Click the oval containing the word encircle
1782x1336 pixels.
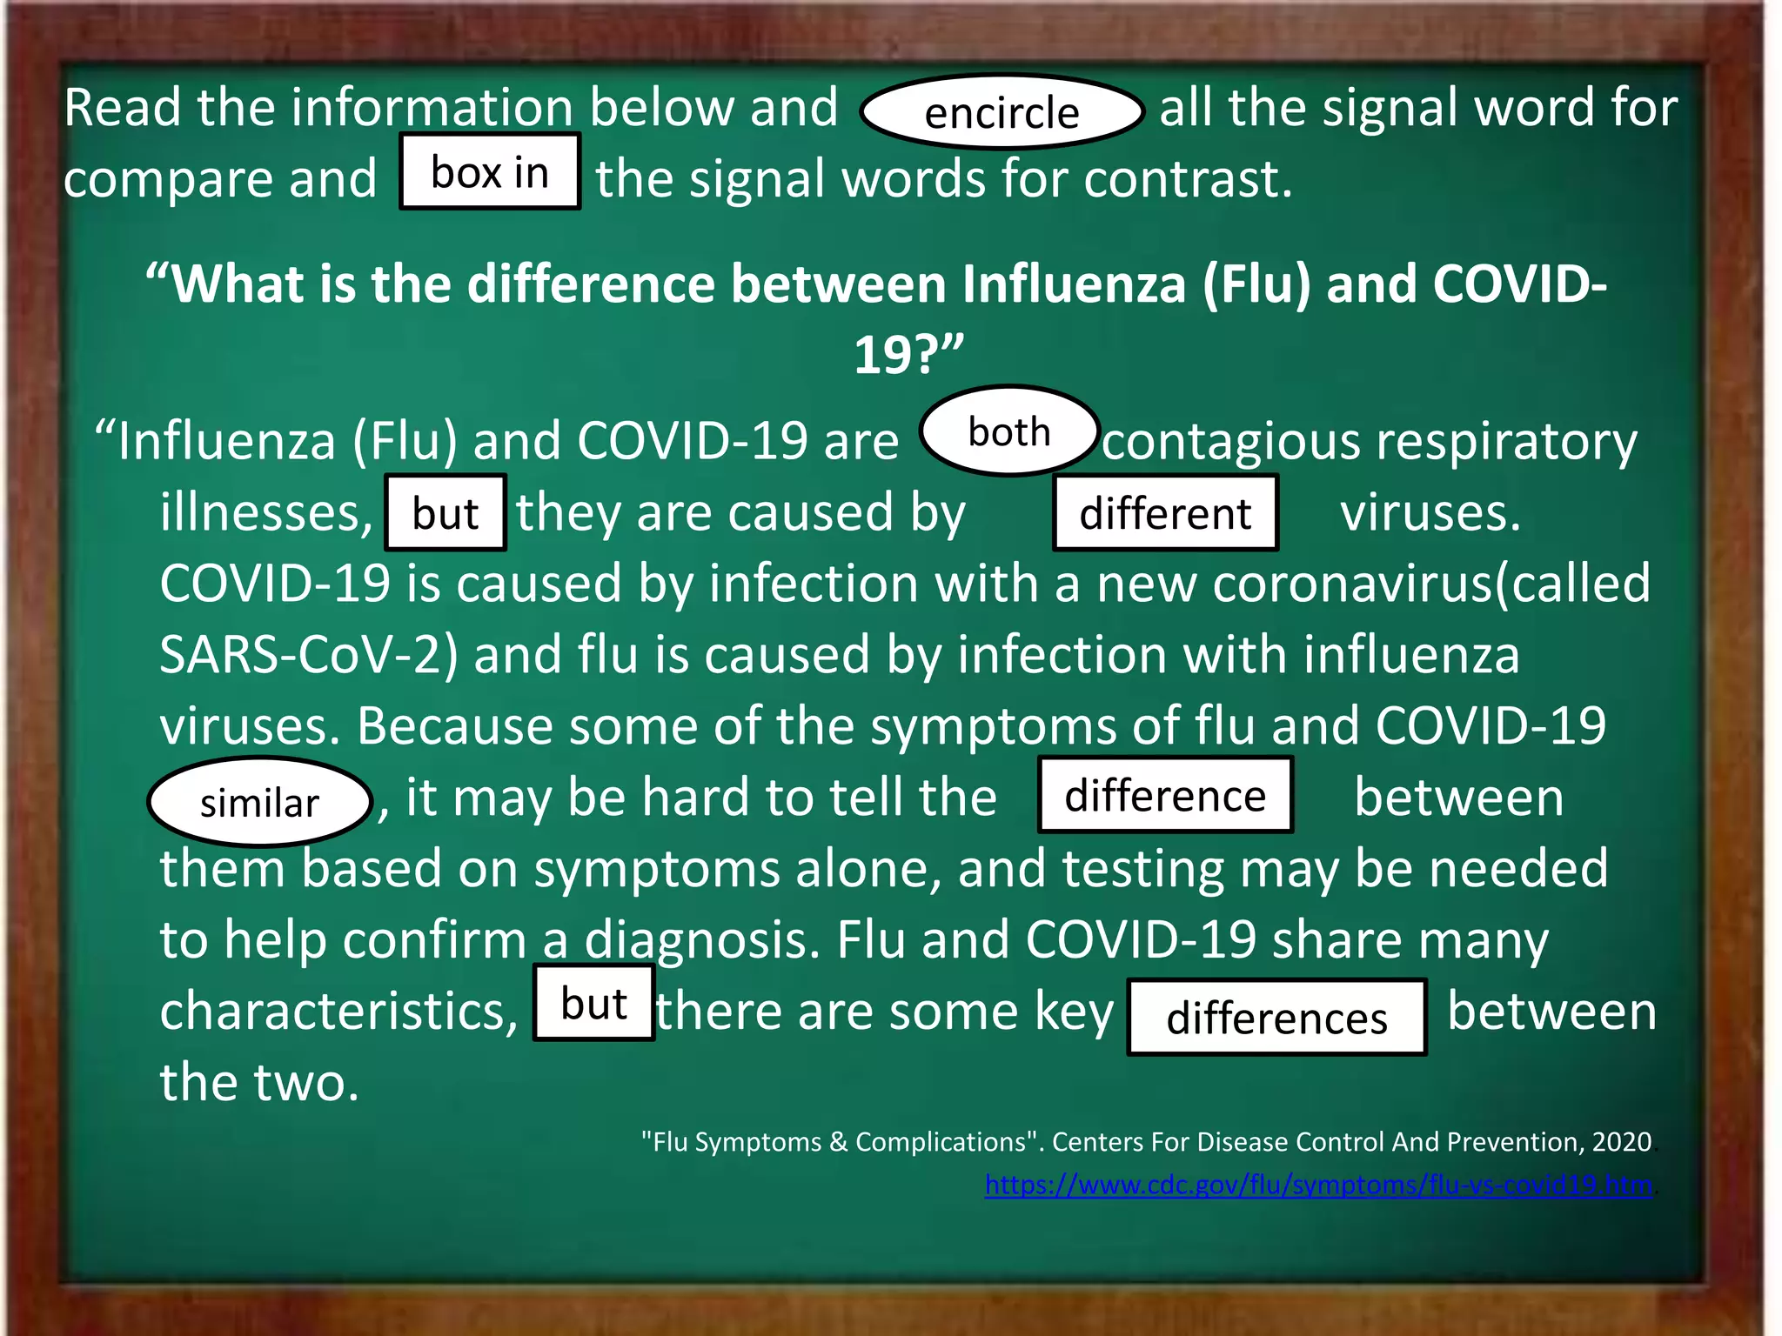tap(1002, 112)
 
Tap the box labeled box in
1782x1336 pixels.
tap(490, 171)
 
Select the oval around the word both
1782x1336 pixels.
tap(1009, 431)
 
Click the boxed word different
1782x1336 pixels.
tap(1165, 513)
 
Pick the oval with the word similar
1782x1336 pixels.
tap(259, 802)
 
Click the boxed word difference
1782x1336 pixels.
tap(1165, 795)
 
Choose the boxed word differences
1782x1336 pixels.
tap(1276, 1017)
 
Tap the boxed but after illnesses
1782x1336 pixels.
tap(445, 513)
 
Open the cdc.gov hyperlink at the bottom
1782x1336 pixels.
tap(1318, 1185)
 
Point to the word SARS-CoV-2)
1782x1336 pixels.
tap(309, 654)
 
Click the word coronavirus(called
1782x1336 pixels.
tap(1431, 583)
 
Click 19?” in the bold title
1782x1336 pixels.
tap(908, 355)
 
